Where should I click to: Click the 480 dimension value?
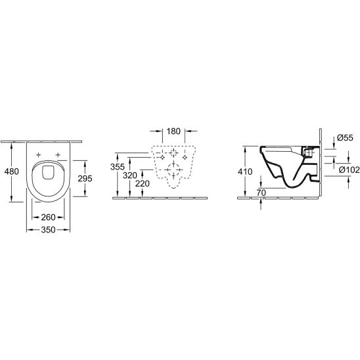coord(11,171)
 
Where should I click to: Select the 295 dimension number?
coord(85,179)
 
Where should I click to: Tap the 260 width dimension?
coord(48,217)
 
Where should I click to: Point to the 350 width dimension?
coord(48,229)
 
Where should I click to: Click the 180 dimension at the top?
coord(173,131)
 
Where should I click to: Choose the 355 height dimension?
coord(118,167)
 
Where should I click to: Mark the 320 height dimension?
coord(130,175)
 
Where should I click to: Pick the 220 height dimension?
coord(143,183)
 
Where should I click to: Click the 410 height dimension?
coord(245,171)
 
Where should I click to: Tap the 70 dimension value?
coord(261,193)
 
